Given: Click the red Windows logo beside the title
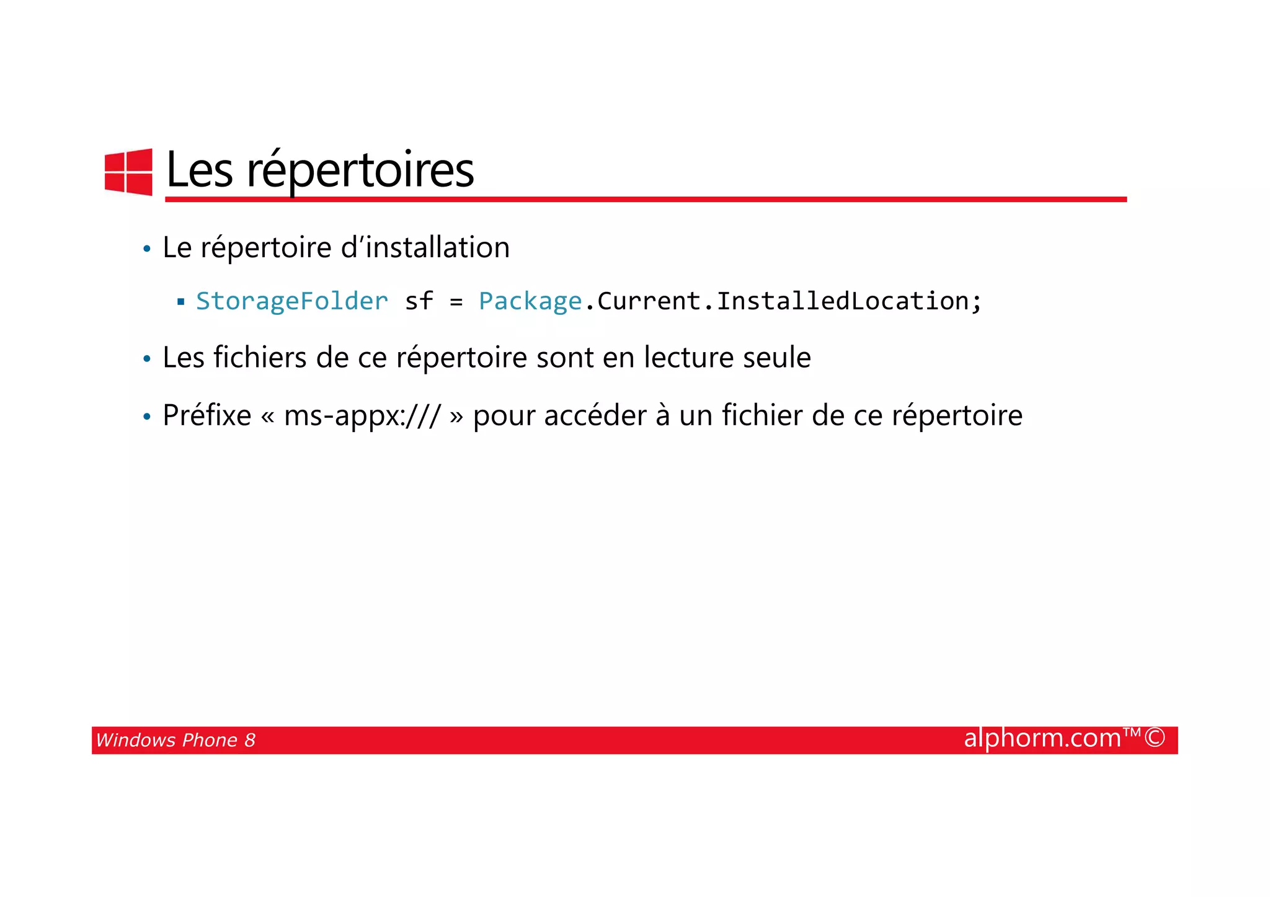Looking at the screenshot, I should pyautogui.click(x=128, y=172).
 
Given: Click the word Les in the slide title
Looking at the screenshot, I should pyautogui.click(x=200, y=169).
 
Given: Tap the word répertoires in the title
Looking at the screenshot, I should pyautogui.click(x=360, y=170).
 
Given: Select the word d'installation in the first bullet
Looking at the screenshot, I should pyautogui.click(x=425, y=247).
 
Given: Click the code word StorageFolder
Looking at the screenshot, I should pyautogui.click(x=292, y=301).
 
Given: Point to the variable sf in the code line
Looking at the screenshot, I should pyautogui.click(x=419, y=301).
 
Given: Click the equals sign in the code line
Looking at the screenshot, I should pyautogui.click(x=456, y=302).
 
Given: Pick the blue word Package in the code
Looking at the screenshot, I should pyautogui.click(x=530, y=302).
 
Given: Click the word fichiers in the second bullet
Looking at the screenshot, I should pyautogui.click(x=260, y=358).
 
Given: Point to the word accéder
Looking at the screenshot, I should pyautogui.click(x=595, y=415).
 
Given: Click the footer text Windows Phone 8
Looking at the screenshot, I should pyautogui.click(x=175, y=740).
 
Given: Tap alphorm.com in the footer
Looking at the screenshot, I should pyautogui.click(x=1042, y=738).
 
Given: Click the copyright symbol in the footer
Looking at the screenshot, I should pyautogui.click(x=1155, y=738).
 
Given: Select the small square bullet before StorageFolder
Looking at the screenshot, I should pyautogui.click(x=181, y=303).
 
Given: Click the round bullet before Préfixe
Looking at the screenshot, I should pyautogui.click(x=147, y=417).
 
